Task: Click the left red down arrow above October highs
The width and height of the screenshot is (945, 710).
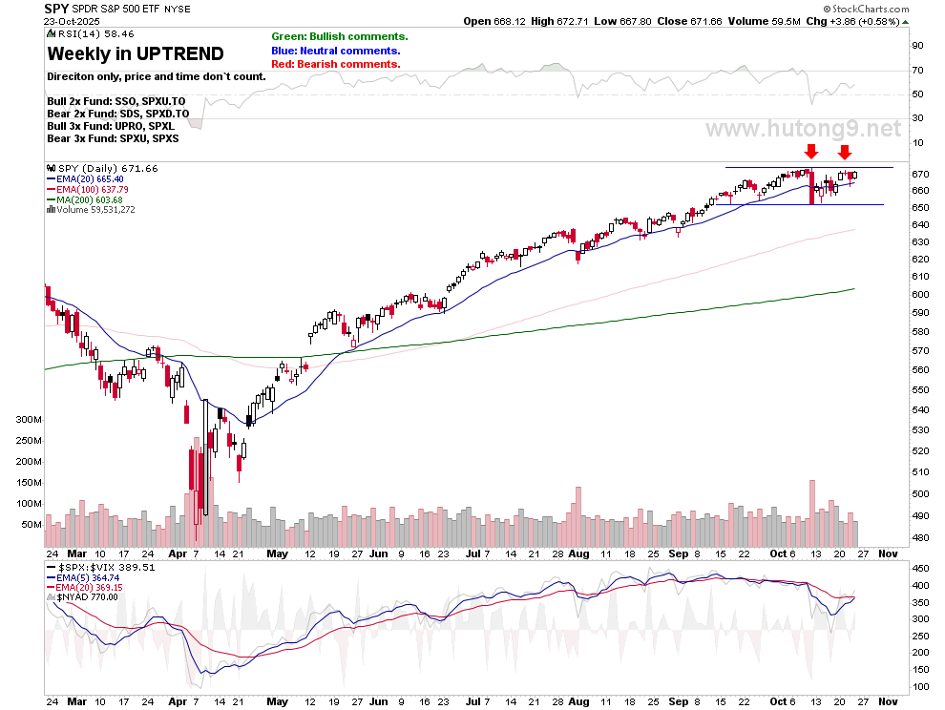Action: point(810,151)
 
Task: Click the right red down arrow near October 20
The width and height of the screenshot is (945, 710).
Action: point(845,151)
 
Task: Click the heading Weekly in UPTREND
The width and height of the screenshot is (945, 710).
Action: point(136,54)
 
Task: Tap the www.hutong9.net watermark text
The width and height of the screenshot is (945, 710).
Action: point(802,128)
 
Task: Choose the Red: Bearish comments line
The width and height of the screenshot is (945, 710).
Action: point(335,64)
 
